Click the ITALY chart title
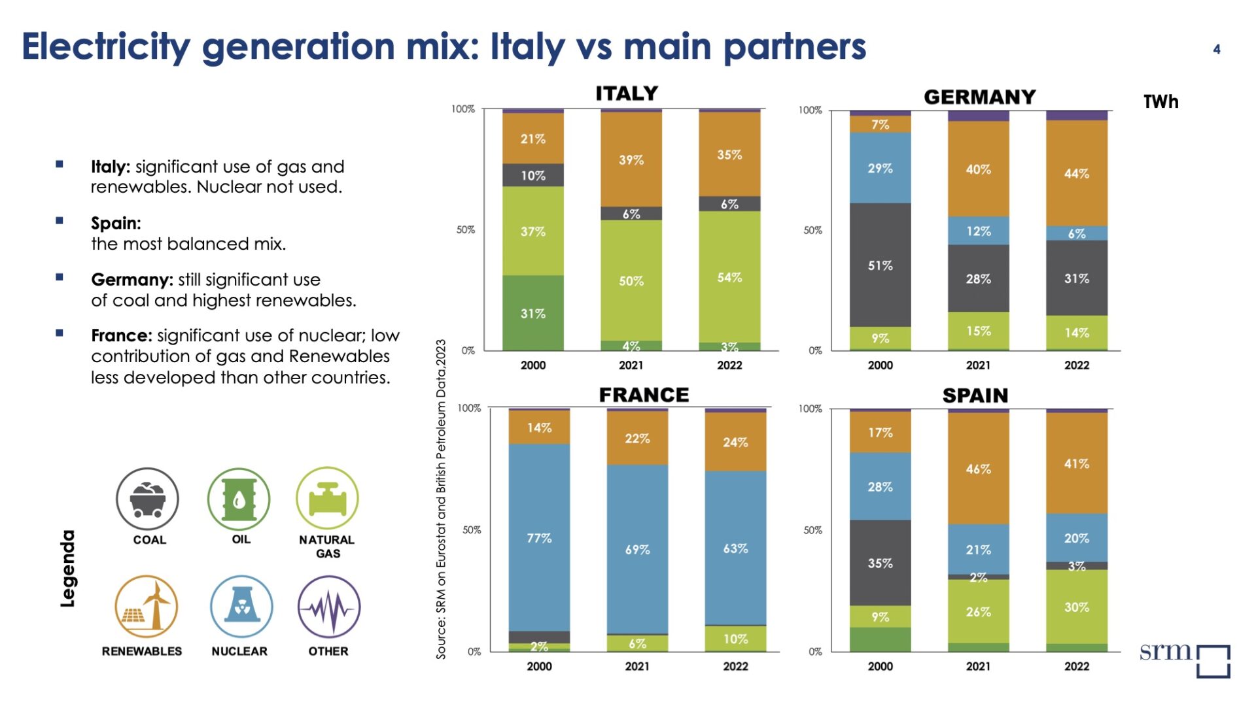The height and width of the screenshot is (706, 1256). tap(626, 93)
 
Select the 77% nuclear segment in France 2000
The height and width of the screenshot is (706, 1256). tap(539, 537)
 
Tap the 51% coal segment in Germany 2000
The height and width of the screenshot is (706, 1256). tap(880, 265)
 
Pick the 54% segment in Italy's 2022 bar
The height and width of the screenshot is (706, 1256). tap(729, 277)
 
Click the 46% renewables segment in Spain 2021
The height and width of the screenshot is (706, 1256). tap(978, 468)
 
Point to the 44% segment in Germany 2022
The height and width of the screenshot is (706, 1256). tap(1076, 173)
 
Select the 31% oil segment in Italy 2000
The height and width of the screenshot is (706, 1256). tap(532, 313)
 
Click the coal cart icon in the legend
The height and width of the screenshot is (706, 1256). tap(147, 499)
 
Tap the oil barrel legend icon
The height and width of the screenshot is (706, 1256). tap(239, 499)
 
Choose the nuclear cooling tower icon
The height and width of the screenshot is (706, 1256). tap(241, 606)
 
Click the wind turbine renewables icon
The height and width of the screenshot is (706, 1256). tap(147, 606)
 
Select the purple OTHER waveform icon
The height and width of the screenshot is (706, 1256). tap(329, 606)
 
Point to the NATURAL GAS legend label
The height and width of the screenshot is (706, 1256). tap(327, 546)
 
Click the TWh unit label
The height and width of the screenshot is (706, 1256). tap(1160, 102)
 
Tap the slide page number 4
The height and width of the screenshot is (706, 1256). tap(1216, 49)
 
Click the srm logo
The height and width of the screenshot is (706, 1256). tap(1184, 657)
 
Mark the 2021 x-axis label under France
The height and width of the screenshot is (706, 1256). tap(637, 666)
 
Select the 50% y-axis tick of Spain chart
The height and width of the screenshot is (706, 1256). tap(812, 530)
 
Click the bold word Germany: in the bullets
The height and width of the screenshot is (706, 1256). tap(132, 280)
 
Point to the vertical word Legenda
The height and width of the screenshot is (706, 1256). tap(68, 568)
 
